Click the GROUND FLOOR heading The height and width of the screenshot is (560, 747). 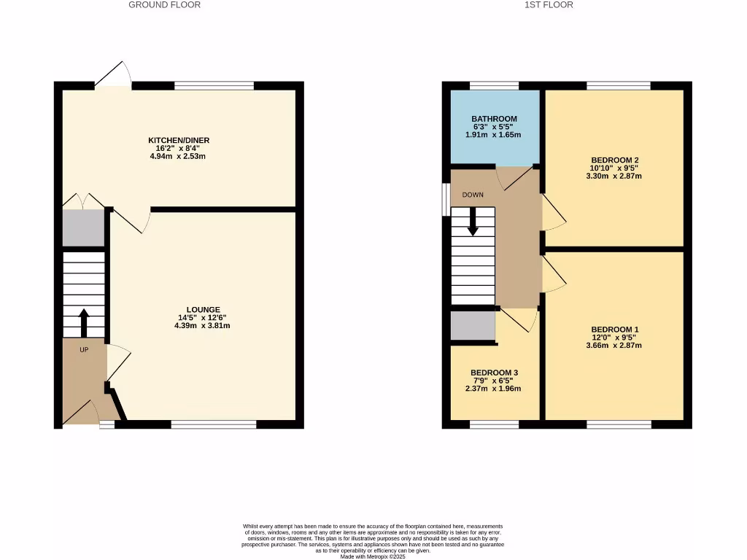coord(164,4)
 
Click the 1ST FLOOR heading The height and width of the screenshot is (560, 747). coord(549,4)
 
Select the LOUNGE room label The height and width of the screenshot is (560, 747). coord(203,309)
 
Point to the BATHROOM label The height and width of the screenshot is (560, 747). coord(494,119)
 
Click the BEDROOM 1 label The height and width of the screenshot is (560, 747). coord(614,329)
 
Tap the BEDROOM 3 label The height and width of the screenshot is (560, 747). coord(493,372)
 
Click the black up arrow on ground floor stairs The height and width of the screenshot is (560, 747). coord(83,322)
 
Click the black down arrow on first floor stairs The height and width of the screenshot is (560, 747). coord(473,222)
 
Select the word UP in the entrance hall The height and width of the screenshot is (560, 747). coord(84,350)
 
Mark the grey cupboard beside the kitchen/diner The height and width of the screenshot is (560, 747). coord(83,228)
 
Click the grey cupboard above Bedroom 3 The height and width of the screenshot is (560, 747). coord(472,326)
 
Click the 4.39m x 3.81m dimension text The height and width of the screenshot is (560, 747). coord(203,326)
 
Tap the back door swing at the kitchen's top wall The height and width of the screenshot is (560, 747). coord(113,75)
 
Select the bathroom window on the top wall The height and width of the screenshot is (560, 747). coord(494,85)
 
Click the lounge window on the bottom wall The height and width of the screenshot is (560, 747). coord(214,424)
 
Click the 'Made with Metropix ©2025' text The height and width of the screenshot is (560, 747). coord(373,556)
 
